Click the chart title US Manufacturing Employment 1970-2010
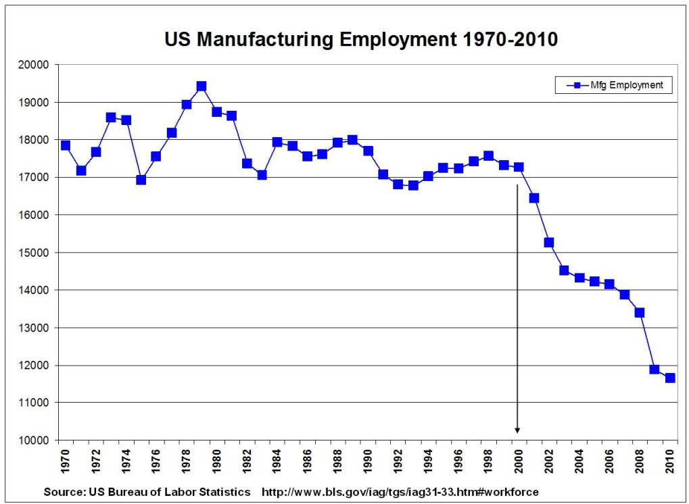(361, 40)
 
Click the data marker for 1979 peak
(201, 86)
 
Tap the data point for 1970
(66, 145)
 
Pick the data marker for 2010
(669, 378)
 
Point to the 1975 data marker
(141, 180)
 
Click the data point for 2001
(533, 198)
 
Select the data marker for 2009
(654, 369)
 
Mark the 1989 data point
(352, 140)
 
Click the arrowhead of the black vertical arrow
(518, 430)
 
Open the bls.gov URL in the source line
(400, 491)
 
